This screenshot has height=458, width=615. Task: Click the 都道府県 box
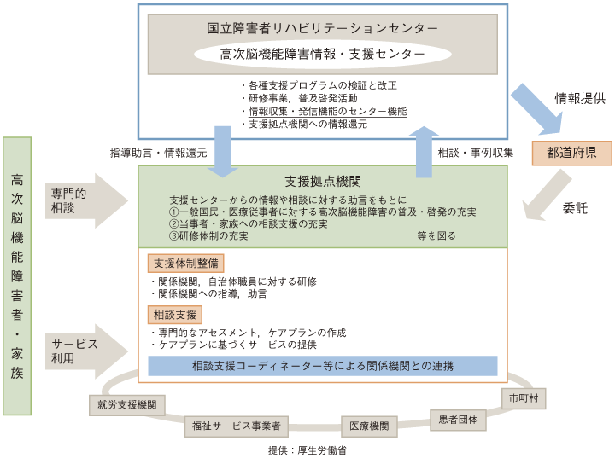coord(571,153)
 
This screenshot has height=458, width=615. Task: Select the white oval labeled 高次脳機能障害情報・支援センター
coord(322,54)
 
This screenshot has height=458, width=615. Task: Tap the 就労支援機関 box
coord(126,405)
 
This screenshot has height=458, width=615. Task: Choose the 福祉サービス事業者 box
coord(237,426)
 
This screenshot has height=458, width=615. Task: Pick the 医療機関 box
coord(369,426)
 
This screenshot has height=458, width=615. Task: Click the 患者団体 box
coord(458,420)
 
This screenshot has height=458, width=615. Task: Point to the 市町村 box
coord(524,398)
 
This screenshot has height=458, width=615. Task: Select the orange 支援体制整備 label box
coord(186,264)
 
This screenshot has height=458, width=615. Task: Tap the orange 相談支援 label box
coord(175,315)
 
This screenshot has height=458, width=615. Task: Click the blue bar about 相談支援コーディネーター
coord(322,366)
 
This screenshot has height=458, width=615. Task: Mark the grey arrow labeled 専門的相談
coord(86,200)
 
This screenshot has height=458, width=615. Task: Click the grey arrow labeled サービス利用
coord(86,351)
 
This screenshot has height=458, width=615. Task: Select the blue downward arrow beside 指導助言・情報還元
coord(223,152)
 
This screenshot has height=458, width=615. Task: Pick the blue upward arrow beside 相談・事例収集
coord(424,152)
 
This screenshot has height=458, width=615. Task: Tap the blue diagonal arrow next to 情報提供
coord(538,110)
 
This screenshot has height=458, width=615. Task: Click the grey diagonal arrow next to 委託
coord(546,195)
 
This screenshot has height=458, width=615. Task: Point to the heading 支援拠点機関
coord(323,182)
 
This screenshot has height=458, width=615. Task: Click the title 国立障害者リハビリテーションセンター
coord(322,28)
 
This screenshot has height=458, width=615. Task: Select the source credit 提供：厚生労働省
coord(307,450)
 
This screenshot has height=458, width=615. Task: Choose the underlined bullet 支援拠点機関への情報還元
coord(307,125)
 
